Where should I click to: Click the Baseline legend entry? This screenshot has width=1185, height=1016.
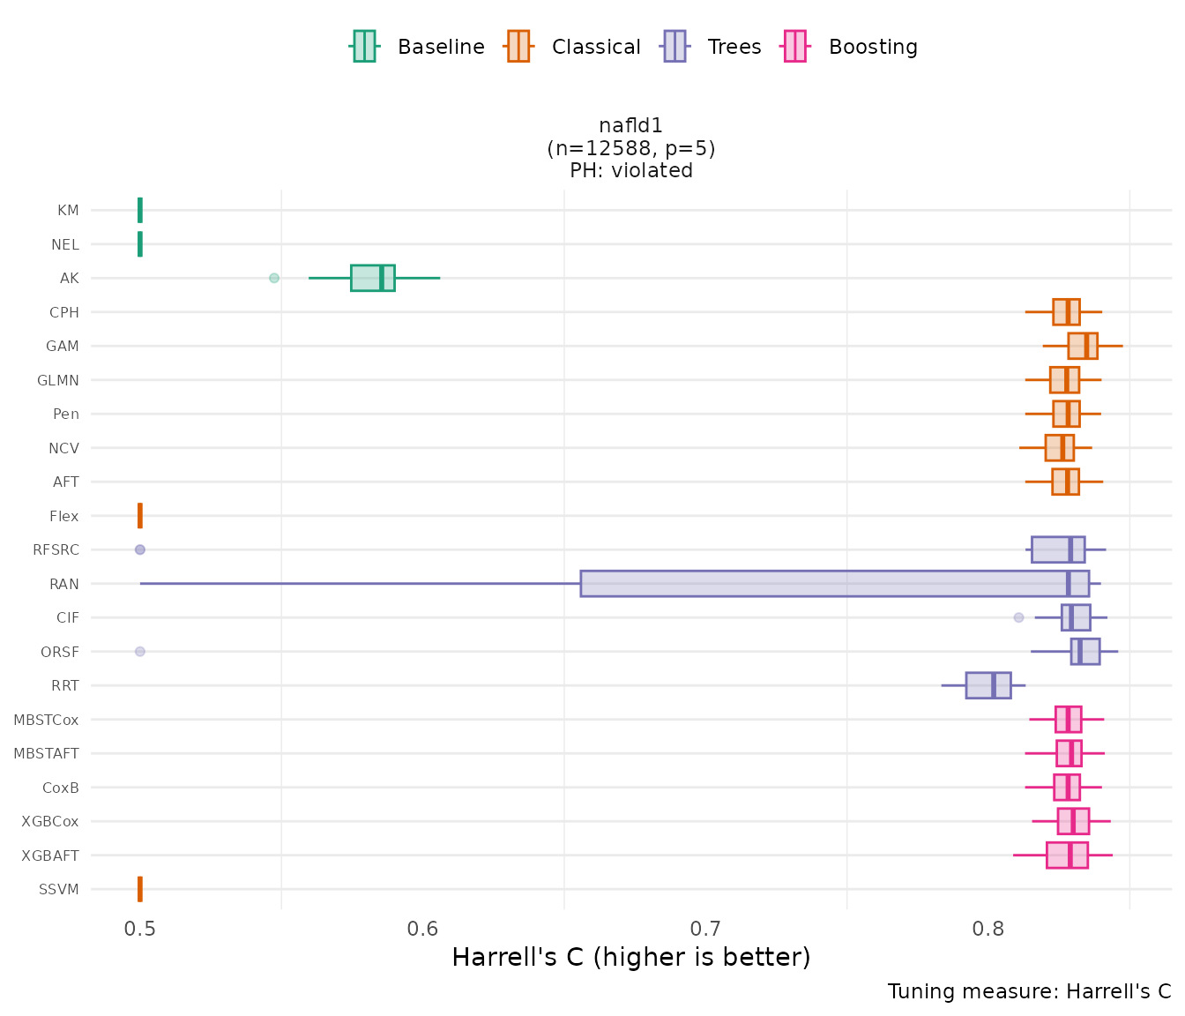(417, 47)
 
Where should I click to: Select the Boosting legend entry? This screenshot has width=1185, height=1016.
(850, 47)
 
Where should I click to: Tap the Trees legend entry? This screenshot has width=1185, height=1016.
(712, 47)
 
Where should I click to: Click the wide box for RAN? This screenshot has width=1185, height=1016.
(833, 584)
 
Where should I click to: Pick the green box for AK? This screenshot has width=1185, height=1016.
(372, 278)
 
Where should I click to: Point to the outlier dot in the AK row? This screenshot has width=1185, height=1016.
(274, 278)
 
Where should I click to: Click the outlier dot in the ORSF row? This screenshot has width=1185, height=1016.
(140, 652)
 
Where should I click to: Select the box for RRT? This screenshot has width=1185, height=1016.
(987, 685)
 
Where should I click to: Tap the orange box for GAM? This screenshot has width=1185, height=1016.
(1082, 346)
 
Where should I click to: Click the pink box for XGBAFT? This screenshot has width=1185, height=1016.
(1067, 855)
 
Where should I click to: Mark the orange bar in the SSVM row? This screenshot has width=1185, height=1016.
(140, 889)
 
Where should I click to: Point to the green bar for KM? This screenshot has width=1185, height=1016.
(140, 210)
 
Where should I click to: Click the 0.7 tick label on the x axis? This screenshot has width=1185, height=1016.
(706, 930)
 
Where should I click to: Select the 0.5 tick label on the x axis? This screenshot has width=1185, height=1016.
(140, 930)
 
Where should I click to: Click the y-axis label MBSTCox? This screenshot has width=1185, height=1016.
(46, 720)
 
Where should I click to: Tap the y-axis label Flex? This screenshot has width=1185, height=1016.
(63, 516)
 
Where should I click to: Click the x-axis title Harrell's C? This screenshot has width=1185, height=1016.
(630, 958)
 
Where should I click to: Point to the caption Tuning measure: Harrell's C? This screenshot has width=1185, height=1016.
(1029, 991)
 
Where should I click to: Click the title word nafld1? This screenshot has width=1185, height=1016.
(630, 126)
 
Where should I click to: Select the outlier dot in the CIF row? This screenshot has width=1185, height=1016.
(1018, 617)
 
